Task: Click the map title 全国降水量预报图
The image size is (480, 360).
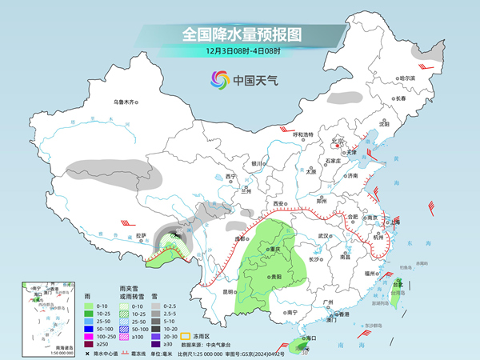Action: point(240,35)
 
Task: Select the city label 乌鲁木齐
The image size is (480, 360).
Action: point(126,102)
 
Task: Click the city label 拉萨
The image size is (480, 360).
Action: point(141,235)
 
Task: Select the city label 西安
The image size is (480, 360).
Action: point(278,205)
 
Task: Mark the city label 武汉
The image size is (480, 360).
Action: point(323,236)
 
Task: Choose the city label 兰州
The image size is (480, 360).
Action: point(246,191)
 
